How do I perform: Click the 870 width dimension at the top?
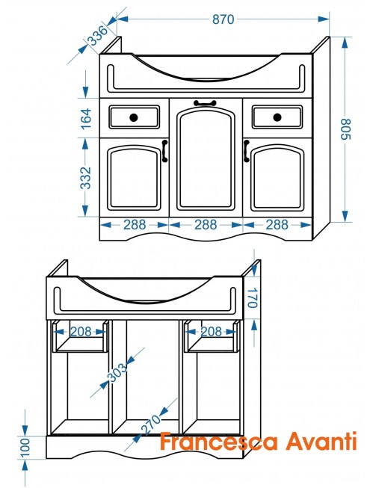(223, 19)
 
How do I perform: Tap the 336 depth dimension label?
(97, 35)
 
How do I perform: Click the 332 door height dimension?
(85, 178)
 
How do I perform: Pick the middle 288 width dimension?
(206, 224)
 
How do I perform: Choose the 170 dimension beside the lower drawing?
(253, 298)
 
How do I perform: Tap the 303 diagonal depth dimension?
(117, 372)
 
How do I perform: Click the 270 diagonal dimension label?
(151, 424)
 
